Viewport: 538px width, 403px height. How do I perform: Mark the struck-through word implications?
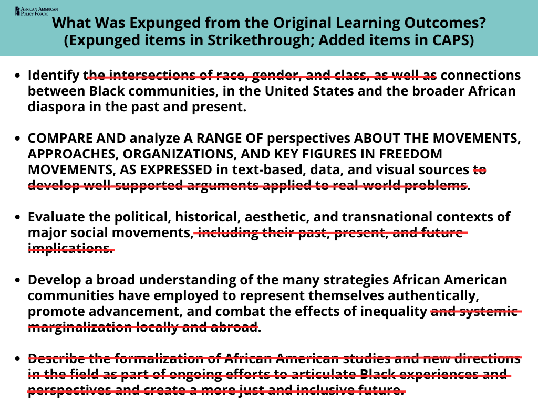tap(70, 248)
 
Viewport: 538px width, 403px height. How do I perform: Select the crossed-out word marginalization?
tap(79, 327)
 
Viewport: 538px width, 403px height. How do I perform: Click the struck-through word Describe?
tap(57, 359)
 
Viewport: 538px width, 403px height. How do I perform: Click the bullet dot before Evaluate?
tap(18, 217)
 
